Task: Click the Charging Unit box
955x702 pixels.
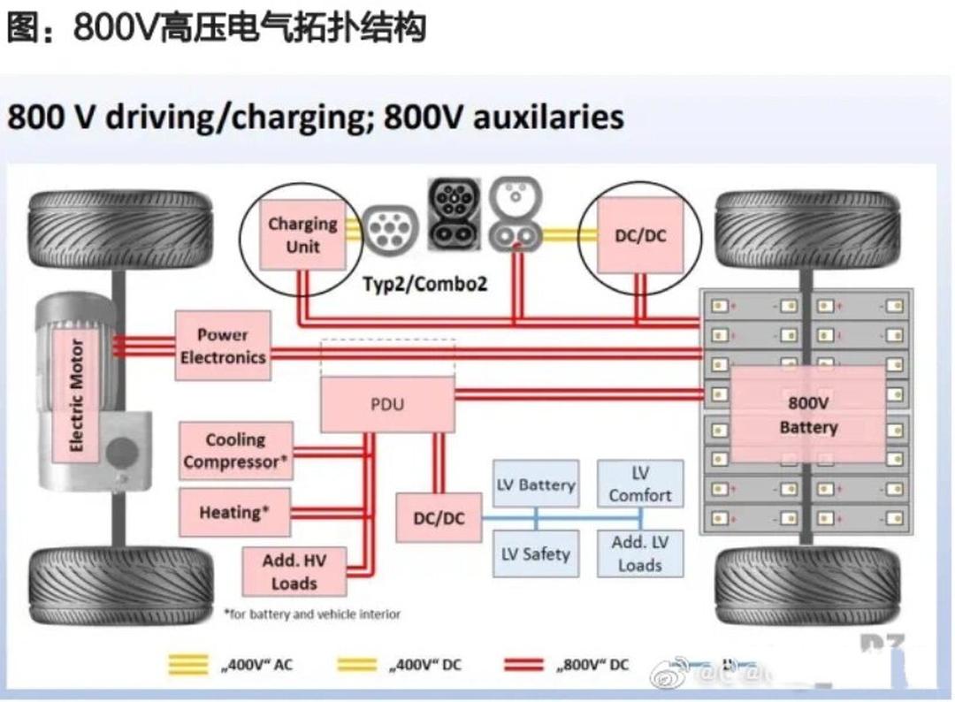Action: tap(302, 235)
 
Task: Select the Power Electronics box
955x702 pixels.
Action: tap(223, 346)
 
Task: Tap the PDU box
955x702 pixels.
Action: tap(386, 404)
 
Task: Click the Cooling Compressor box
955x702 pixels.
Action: tap(234, 451)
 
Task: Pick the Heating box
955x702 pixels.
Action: tap(234, 513)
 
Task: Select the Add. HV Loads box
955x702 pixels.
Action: tap(294, 571)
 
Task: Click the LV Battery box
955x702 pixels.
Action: tap(535, 485)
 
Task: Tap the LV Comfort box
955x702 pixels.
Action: tap(640, 485)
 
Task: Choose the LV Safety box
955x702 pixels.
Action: tap(535, 554)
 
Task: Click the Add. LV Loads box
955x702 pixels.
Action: tap(640, 554)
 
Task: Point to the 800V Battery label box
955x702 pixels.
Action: tap(808, 414)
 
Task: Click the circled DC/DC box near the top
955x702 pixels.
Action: tap(640, 235)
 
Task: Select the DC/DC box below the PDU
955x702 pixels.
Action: tap(439, 518)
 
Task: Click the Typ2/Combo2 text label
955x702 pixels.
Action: tap(424, 285)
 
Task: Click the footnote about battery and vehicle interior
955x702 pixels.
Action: tap(311, 614)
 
